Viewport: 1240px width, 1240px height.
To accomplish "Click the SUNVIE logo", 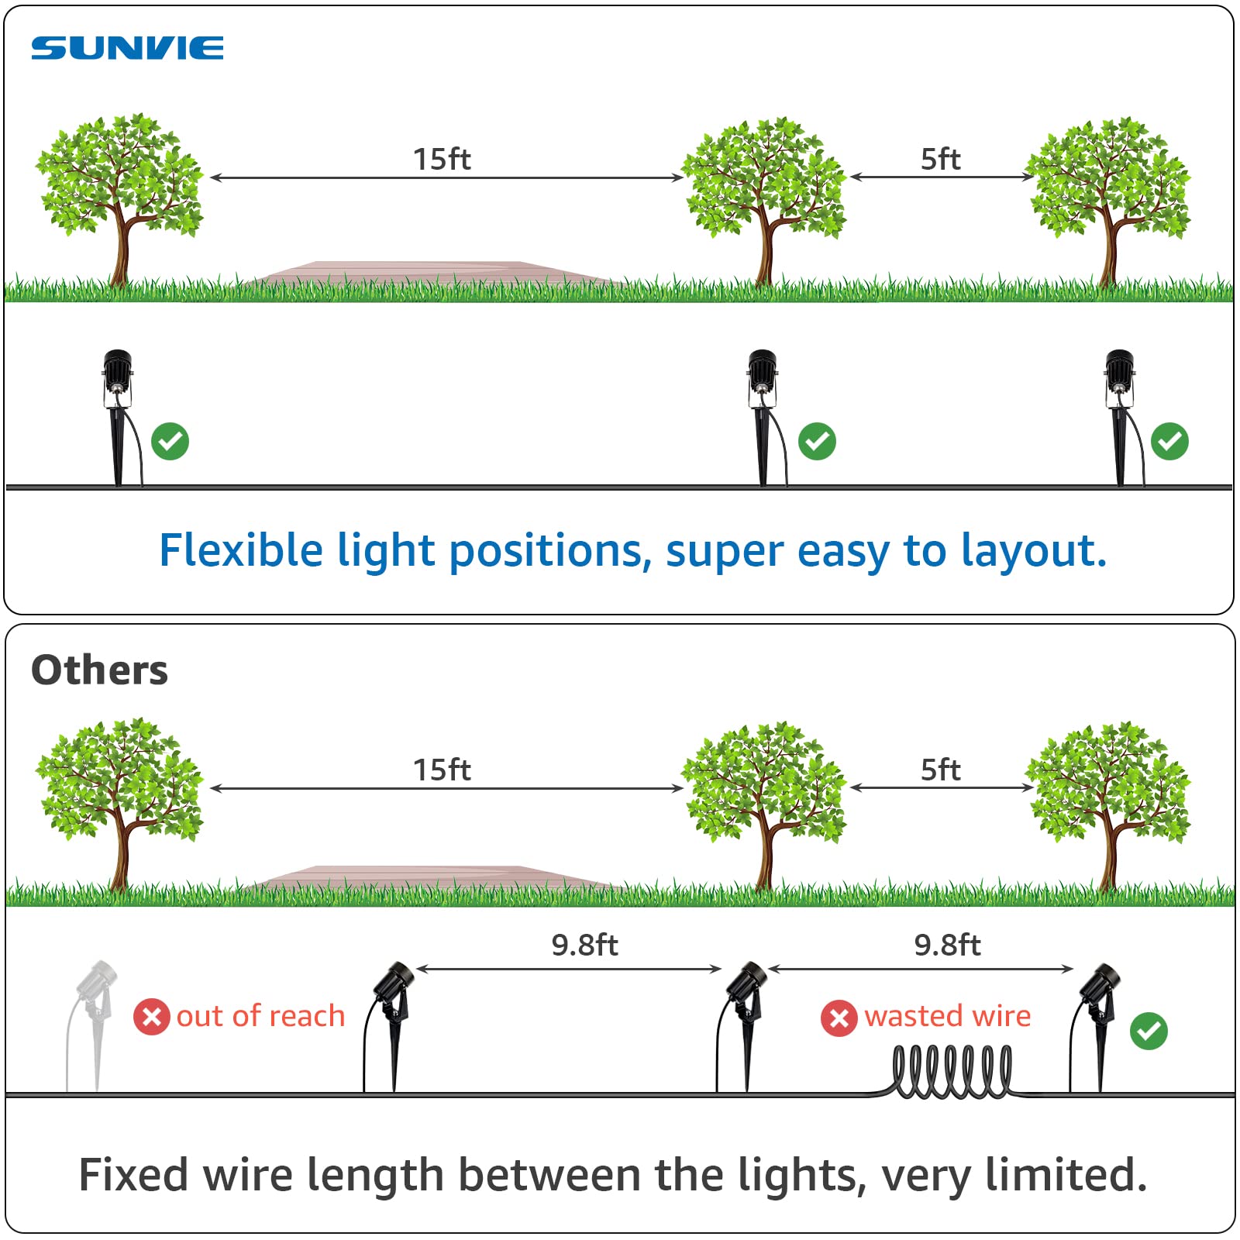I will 127,48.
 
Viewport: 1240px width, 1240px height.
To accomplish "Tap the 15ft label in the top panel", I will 442,159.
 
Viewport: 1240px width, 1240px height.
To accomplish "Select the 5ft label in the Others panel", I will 940,770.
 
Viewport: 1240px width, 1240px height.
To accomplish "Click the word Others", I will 99,670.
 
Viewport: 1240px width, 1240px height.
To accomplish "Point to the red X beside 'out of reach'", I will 152,1017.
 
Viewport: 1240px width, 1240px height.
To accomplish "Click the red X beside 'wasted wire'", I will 839,1018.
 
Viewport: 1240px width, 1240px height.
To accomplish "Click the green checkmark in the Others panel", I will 1149,1031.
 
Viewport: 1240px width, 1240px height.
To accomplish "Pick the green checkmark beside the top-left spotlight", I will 170,442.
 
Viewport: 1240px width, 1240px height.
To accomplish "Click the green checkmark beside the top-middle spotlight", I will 817,442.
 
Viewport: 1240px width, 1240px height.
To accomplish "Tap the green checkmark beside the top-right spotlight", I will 1169,442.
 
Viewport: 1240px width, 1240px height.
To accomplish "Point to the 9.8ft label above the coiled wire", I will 947,945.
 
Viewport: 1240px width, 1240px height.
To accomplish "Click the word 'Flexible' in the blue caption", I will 240,550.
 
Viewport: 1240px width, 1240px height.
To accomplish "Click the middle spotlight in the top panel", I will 763,415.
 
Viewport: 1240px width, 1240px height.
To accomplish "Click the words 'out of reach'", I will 260,1016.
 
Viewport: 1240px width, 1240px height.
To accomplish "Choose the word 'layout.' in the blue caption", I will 1034,552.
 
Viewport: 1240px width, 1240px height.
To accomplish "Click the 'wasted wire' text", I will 947,1016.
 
